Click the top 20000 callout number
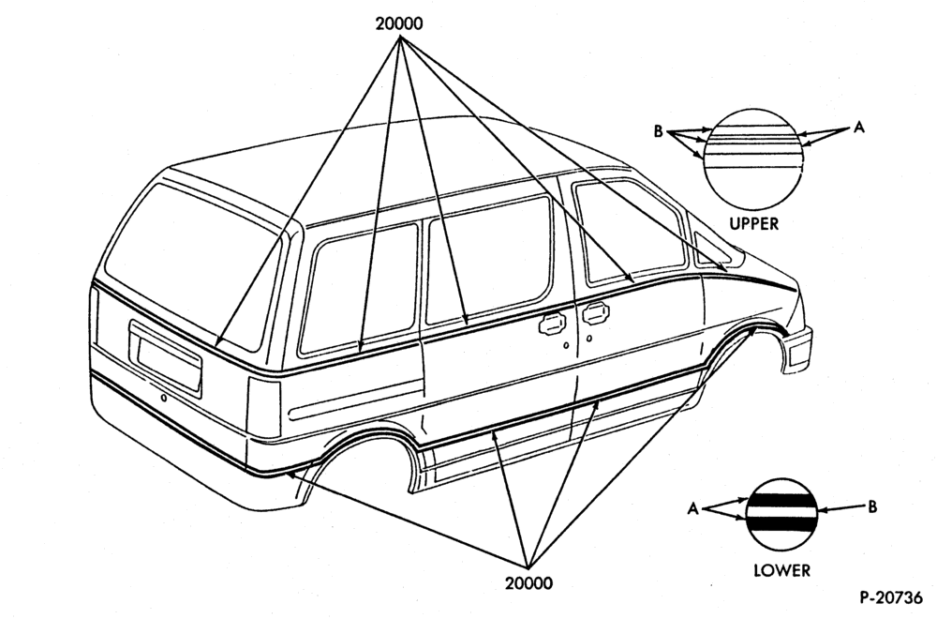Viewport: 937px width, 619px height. [398, 23]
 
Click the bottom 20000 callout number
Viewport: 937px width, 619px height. [528, 582]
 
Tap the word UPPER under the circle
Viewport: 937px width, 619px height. [754, 224]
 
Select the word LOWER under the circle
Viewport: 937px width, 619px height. [781, 570]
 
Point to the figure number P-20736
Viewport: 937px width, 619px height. [891, 597]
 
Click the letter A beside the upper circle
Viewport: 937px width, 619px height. [858, 127]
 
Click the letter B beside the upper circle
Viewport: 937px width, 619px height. [658, 131]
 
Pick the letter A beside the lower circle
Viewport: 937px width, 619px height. [692, 509]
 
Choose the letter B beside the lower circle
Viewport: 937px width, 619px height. [871, 507]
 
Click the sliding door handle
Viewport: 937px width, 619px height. [552, 324]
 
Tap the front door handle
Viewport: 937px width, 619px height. [593, 313]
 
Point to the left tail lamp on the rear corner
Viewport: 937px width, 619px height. [263, 407]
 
